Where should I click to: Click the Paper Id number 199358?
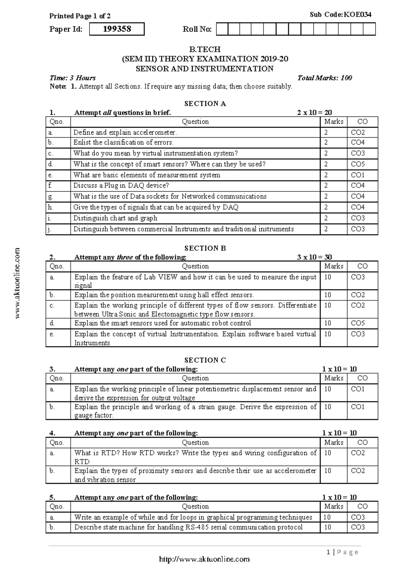[x=117, y=29]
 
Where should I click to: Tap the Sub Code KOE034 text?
[x=340, y=14]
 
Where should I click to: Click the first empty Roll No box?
[x=222, y=29]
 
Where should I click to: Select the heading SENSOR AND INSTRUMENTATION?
[x=205, y=69]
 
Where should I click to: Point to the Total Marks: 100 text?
[x=325, y=78]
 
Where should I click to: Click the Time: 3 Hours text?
[x=72, y=78]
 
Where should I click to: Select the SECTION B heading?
[x=205, y=248]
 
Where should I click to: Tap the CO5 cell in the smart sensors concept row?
[x=358, y=164]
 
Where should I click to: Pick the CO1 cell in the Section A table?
[x=358, y=175]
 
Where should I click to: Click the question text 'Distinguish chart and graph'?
[x=115, y=218]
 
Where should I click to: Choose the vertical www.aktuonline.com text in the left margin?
[x=18, y=283]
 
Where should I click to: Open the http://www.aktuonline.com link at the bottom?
[x=205, y=559]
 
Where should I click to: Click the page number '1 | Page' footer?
[x=342, y=552]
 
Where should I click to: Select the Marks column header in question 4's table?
[x=333, y=442]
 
